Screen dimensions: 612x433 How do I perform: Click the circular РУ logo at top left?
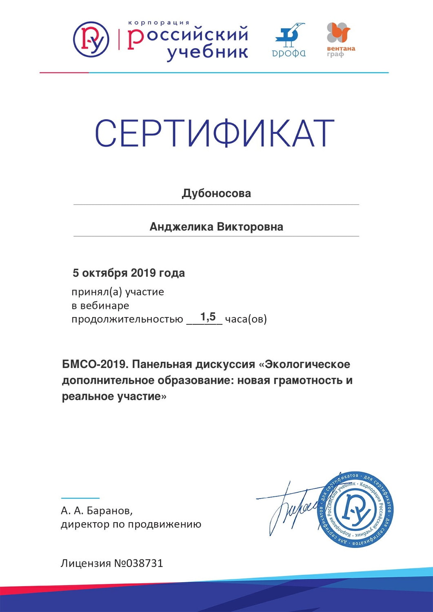pos(91,40)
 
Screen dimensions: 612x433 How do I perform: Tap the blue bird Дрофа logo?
pos(289,40)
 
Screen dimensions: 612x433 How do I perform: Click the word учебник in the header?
pos(207,52)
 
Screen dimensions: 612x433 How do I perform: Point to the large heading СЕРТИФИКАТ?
pos(215,133)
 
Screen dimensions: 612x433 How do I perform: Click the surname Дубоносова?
pos(216,193)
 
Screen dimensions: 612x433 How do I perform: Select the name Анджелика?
pos(181,227)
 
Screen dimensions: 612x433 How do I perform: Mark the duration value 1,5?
pos(208,317)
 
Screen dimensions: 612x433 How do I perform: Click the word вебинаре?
pos(104,306)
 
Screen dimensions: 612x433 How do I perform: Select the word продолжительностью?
pos(127,319)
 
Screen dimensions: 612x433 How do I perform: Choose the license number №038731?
pos(138,563)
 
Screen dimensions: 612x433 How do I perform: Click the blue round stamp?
pos(355,510)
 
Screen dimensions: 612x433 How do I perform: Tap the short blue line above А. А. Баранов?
pos(80,498)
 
